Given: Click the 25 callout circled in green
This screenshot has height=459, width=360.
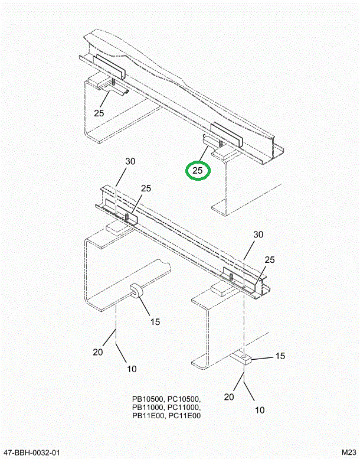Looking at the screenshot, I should pyautogui.click(x=198, y=171).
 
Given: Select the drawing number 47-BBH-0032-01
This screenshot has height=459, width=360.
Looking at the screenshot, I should pyautogui.click(x=32, y=453).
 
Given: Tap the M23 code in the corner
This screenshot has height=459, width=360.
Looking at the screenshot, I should pyautogui.click(x=346, y=453).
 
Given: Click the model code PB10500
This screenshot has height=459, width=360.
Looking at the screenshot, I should pyautogui.click(x=149, y=399).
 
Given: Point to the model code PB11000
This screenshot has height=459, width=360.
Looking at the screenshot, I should pyautogui.click(x=149, y=408).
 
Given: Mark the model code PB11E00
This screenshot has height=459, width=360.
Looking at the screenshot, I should pyautogui.click(x=149, y=416).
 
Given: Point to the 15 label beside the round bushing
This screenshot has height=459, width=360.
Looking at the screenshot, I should pyautogui.click(x=155, y=322).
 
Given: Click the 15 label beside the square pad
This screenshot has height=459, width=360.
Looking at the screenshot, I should pyautogui.click(x=280, y=356).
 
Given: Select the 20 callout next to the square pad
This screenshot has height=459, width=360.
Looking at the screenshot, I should pyautogui.click(x=230, y=396).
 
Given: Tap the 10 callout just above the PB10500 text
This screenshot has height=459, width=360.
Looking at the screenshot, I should pyautogui.click(x=131, y=369).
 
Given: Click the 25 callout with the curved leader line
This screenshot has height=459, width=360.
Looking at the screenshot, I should pyautogui.click(x=99, y=112).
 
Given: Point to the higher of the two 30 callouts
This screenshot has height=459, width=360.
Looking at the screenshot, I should pyautogui.click(x=130, y=161).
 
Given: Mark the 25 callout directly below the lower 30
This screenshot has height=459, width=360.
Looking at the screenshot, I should pyautogui.click(x=269, y=260).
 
